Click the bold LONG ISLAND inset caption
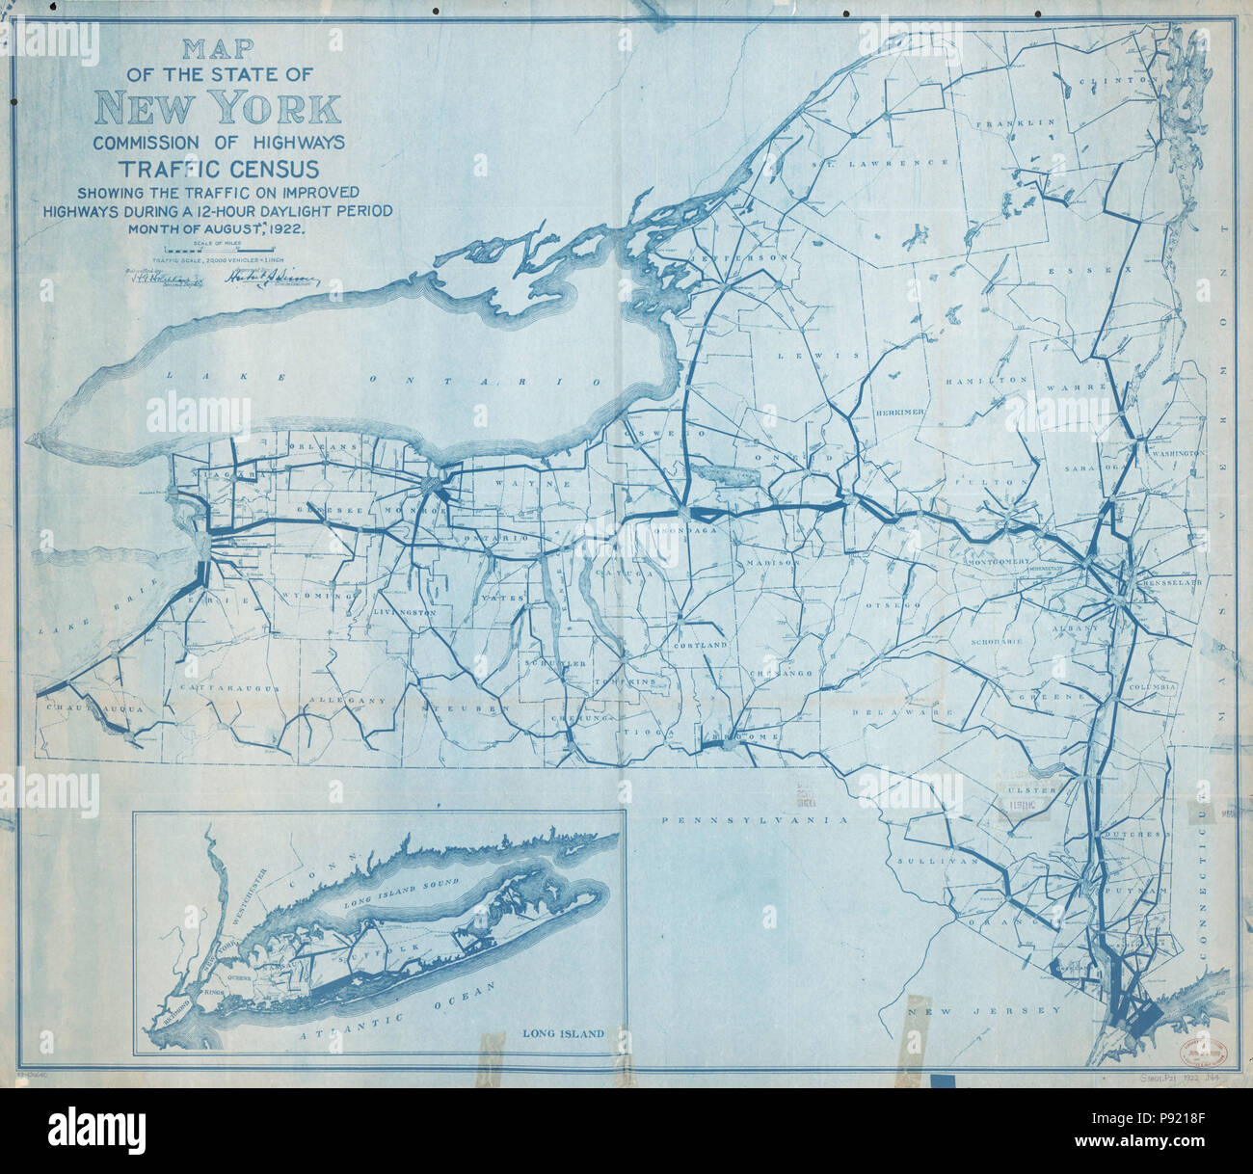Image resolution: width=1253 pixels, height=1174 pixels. pos(563,1033)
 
